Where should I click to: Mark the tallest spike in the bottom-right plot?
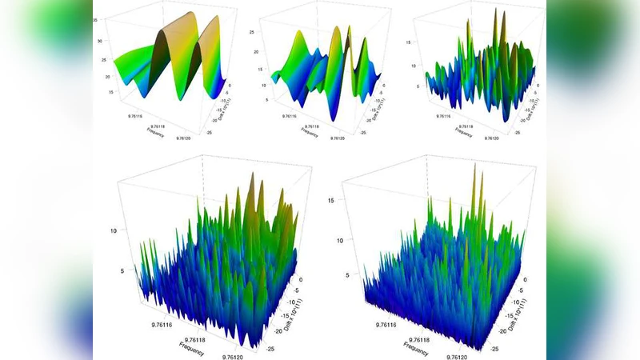(474, 165)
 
